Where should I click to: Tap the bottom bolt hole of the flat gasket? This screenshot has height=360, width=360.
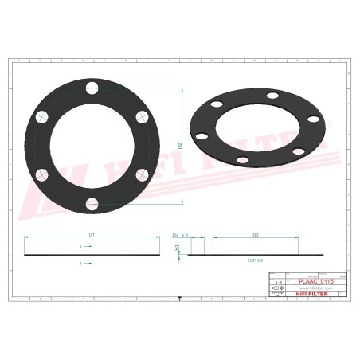tap(92, 204)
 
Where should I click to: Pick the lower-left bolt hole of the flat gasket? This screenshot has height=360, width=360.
tap(41, 174)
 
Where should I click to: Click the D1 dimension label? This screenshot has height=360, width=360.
tap(92, 235)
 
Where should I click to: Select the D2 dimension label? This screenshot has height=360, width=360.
tap(181, 146)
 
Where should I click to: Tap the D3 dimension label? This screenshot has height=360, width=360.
tap(255, 235)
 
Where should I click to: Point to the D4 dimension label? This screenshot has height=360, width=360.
tap(175, 235)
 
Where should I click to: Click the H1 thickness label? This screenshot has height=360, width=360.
tap(177, 248)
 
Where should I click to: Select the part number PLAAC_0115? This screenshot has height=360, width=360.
tap(315, 281)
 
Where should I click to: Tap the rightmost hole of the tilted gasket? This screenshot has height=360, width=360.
tap(314, 119)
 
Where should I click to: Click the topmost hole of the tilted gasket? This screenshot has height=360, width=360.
tap(273, 96)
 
